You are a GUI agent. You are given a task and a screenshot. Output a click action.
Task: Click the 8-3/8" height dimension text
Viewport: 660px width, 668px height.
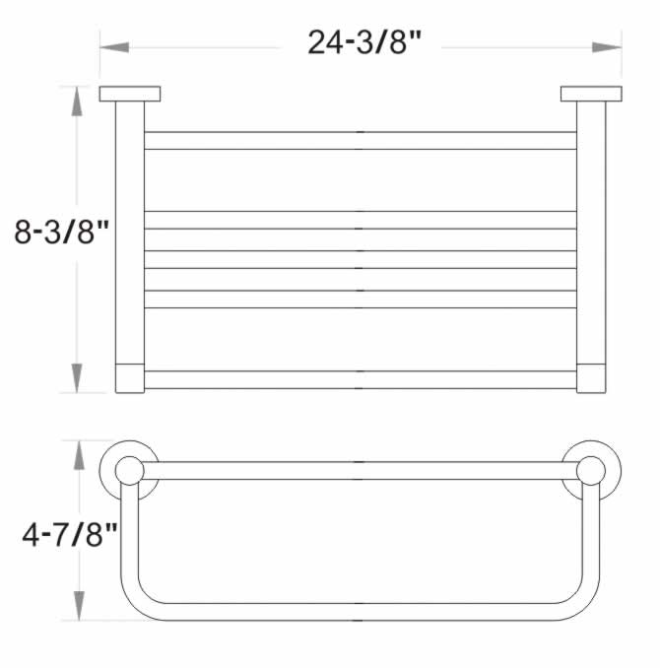pos(59,233)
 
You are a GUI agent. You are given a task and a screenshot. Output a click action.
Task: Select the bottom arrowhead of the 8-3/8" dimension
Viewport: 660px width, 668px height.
pos(77,378)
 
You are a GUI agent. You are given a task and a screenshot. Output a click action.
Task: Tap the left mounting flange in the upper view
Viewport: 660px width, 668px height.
pos(130,94)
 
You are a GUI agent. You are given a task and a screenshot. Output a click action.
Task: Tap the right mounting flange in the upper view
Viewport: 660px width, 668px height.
pos(591,94)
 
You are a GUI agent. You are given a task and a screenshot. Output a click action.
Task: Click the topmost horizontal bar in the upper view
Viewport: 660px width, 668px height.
pos(361,140)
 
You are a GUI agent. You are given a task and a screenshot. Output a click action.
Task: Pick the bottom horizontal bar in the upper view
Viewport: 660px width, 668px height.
pos(361,379)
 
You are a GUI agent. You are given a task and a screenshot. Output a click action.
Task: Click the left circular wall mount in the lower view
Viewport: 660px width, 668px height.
pos(129,471)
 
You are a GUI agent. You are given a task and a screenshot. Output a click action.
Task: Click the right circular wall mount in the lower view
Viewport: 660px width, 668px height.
pos(591,471)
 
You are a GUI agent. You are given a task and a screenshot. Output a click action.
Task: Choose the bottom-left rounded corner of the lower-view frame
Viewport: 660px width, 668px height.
pos(138,601)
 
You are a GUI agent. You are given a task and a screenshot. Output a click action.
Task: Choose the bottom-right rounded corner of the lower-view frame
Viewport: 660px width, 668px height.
pos(583,601)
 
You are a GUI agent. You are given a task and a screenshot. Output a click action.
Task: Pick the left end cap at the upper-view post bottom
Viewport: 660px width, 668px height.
pos(130,378)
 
